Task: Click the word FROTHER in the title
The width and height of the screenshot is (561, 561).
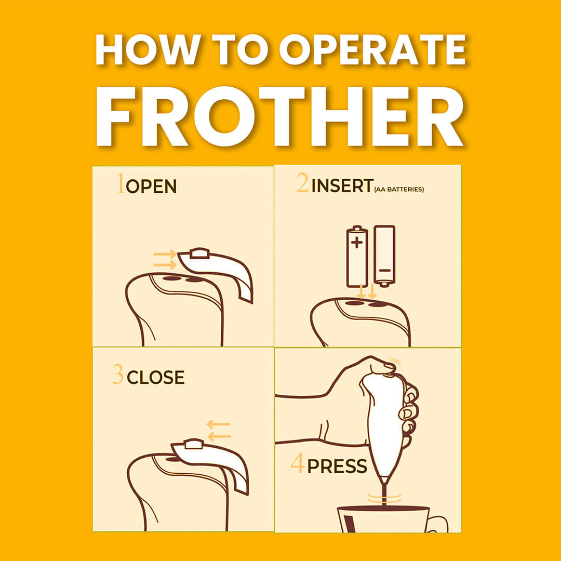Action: pyautogui.click(x=280, y=117)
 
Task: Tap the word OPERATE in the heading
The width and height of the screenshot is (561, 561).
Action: pyautogui.click(x=372, y=49)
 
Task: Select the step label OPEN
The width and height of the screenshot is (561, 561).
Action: pyautogui.click(x=151, y=186)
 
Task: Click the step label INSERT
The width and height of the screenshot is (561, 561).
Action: pyautogui.click(x=342, y=186)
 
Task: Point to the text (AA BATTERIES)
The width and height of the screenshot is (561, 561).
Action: pyautogui.click(x=399, y=189)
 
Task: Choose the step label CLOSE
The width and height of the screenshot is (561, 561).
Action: pyautogui.click(x=156, y=378)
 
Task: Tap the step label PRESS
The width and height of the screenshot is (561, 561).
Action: pyautogui.click(x=337, y=466)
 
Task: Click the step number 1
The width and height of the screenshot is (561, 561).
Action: pyautogui.click(x=121, y=183)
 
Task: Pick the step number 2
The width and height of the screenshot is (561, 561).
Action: pyautogui.click(x=303, y=183)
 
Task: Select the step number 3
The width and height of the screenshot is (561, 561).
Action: pyautogui.click(x=118, y=374)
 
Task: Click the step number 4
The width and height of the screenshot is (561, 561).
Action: pyautogui.click(x=298, y=463)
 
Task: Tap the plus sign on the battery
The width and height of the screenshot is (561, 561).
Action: pyautogui.click(x=356, y=243)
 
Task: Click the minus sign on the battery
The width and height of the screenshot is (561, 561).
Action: pyautogui.click(x=384, y=270)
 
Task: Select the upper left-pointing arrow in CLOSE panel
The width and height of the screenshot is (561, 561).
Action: pyautogui.click(x=219, y=424)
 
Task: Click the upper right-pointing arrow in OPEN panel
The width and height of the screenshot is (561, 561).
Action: pyautogui.click(x=165, y=255)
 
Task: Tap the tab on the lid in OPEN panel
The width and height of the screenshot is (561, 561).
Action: pyautogui.click(x=199, y=253)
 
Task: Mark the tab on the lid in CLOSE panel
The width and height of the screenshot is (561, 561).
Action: pyautogui.click(x=194, y=444)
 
